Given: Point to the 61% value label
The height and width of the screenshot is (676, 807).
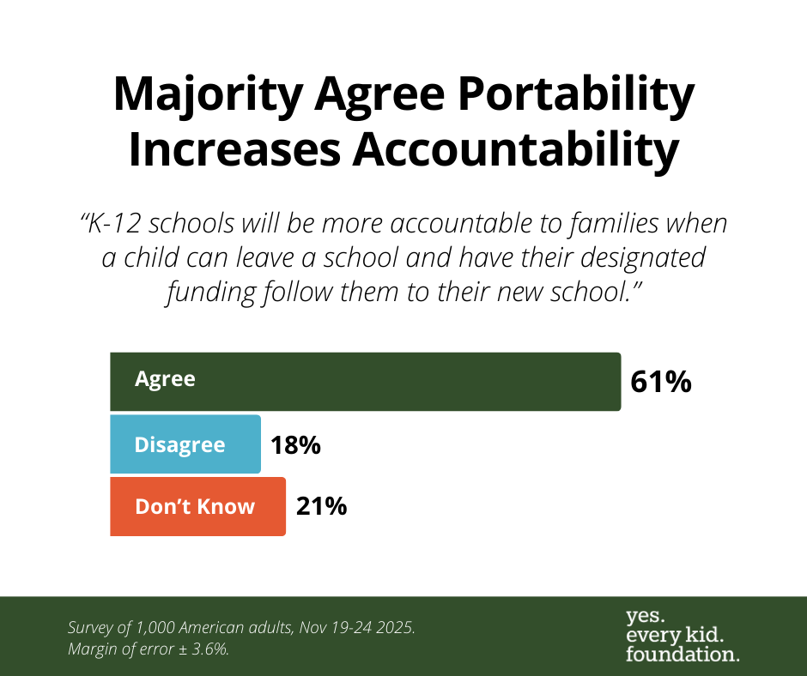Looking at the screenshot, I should tap(660, 382).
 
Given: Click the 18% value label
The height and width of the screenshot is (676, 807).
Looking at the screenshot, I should tap(295, 445).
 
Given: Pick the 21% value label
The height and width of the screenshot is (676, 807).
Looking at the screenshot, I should tap(321, 506).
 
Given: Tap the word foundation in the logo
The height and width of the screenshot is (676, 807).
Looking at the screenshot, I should tap(683, 654).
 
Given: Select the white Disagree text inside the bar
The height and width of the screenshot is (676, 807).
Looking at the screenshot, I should tap(180, 445).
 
